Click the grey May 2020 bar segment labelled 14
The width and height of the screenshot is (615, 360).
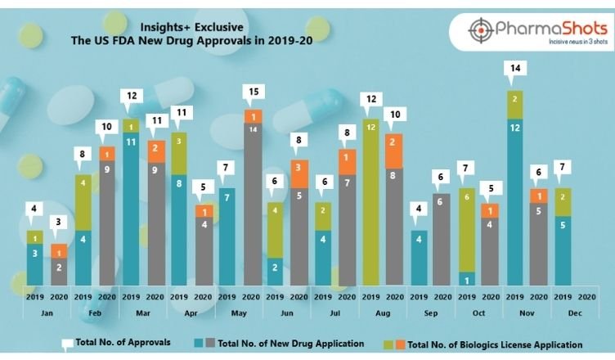coord(254,205)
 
